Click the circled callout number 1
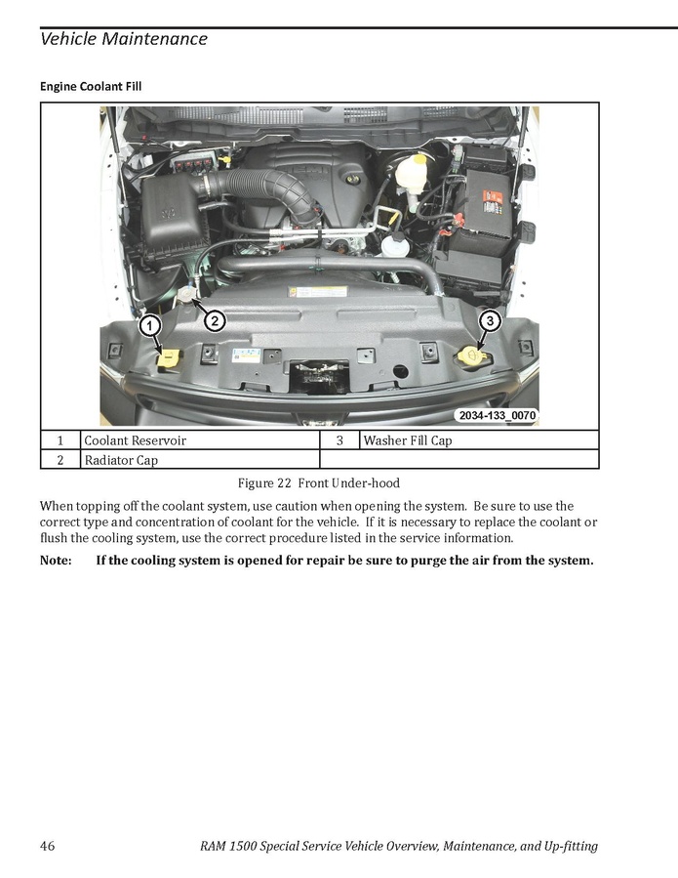click(149, 325)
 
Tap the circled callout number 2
click(215, 321)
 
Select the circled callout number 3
click(490, 321)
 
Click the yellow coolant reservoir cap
click(169, 357)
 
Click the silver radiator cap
click(186, 294)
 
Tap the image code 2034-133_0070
click(497, 415)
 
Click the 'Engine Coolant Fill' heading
click(91, 86)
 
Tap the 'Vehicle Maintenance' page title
click(124, 39)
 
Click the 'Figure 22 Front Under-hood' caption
click(319, 483)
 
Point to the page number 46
click(48, 846)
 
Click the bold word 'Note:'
click(56, 561)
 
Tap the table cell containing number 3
click(339, 440)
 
